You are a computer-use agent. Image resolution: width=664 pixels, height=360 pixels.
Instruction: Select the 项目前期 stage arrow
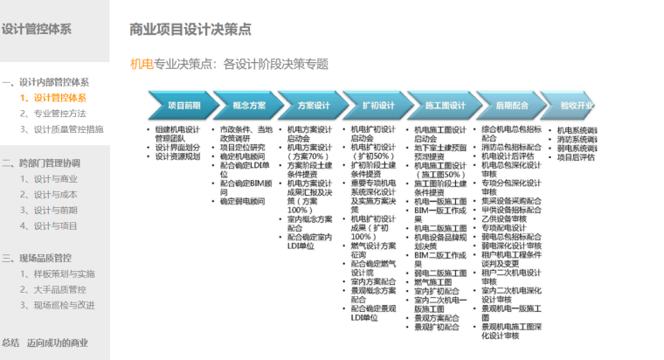click(182, 106)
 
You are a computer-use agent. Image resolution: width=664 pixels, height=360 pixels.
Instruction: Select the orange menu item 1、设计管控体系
click(53, 97)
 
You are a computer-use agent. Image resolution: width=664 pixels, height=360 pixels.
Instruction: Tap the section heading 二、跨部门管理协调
click(42, 163)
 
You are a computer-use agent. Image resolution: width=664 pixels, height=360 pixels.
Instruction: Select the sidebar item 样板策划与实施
click(62, 273)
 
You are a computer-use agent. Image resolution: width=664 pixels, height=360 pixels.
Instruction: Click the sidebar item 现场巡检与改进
click(62, 305)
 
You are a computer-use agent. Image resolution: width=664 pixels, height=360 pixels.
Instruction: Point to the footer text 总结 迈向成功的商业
click(45, 343)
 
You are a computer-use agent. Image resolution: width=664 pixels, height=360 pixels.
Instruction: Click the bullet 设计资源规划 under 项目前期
click(178, 156)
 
